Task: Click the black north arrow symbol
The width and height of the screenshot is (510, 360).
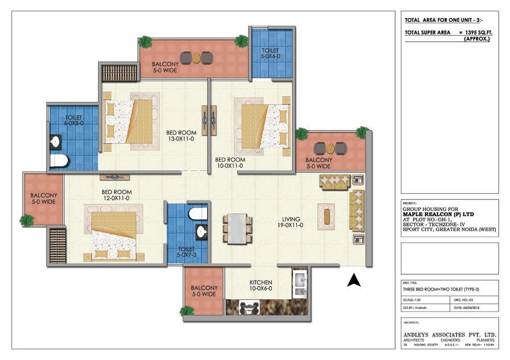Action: (354, 280)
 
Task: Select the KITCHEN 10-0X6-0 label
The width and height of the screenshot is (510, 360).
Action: (261, 286)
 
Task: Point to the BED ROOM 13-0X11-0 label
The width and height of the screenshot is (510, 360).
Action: (180, 135)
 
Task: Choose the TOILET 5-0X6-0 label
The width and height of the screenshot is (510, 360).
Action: (270, 54)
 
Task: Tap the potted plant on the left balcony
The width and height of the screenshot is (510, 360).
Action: (27, 220)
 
